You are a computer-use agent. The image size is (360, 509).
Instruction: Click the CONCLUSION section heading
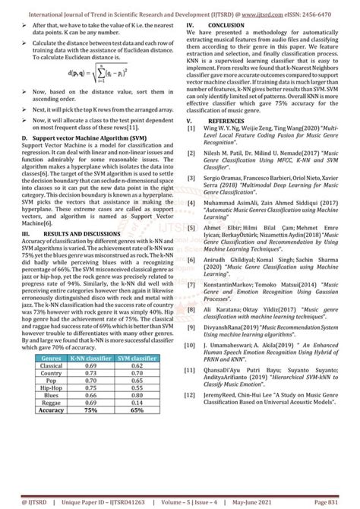pyautogui.click(x=226, y=25)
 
